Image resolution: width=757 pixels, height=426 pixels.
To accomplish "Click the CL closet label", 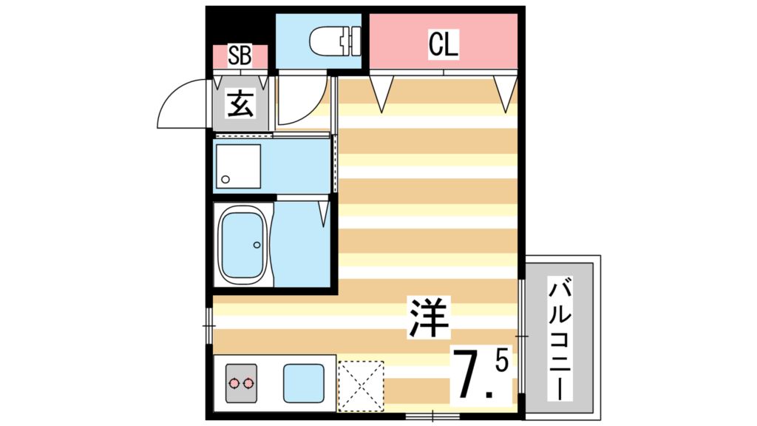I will (444, 45).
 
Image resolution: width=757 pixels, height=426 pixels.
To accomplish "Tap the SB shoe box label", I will (239, 56).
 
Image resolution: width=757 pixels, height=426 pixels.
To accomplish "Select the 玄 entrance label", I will (240, 104).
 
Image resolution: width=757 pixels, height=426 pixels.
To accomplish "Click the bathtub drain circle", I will (257, 245).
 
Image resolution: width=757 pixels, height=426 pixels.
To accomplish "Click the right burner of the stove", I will (248, 383).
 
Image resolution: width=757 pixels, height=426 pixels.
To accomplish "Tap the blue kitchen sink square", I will (302, 383).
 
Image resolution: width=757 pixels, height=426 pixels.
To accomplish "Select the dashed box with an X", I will (361, 385).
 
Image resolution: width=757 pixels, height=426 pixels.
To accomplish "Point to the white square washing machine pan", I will (237, 167).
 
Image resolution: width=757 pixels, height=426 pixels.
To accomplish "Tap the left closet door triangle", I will (381, 92).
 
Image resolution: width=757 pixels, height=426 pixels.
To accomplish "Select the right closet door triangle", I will (506, 92).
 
